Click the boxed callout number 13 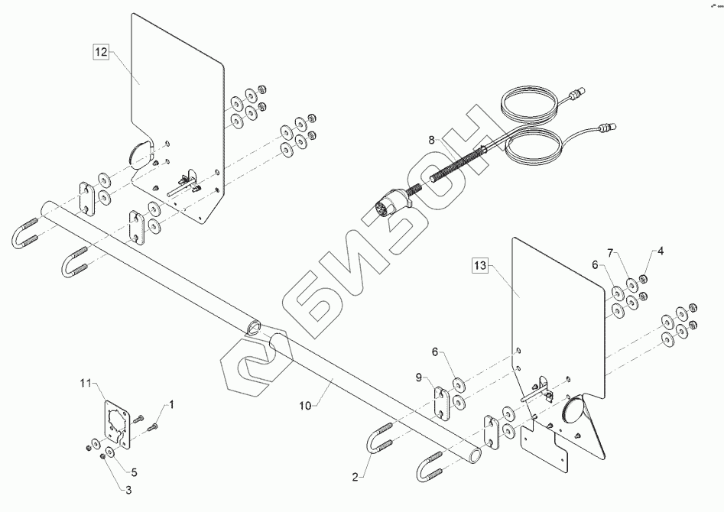coord(479,266)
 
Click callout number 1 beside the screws coord(171,403)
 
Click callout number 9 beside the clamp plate coord(419,376)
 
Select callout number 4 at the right coord(661,251)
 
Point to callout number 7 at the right coord(610,252)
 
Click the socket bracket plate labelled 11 coord(115,424)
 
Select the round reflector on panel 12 coord(141,153)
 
